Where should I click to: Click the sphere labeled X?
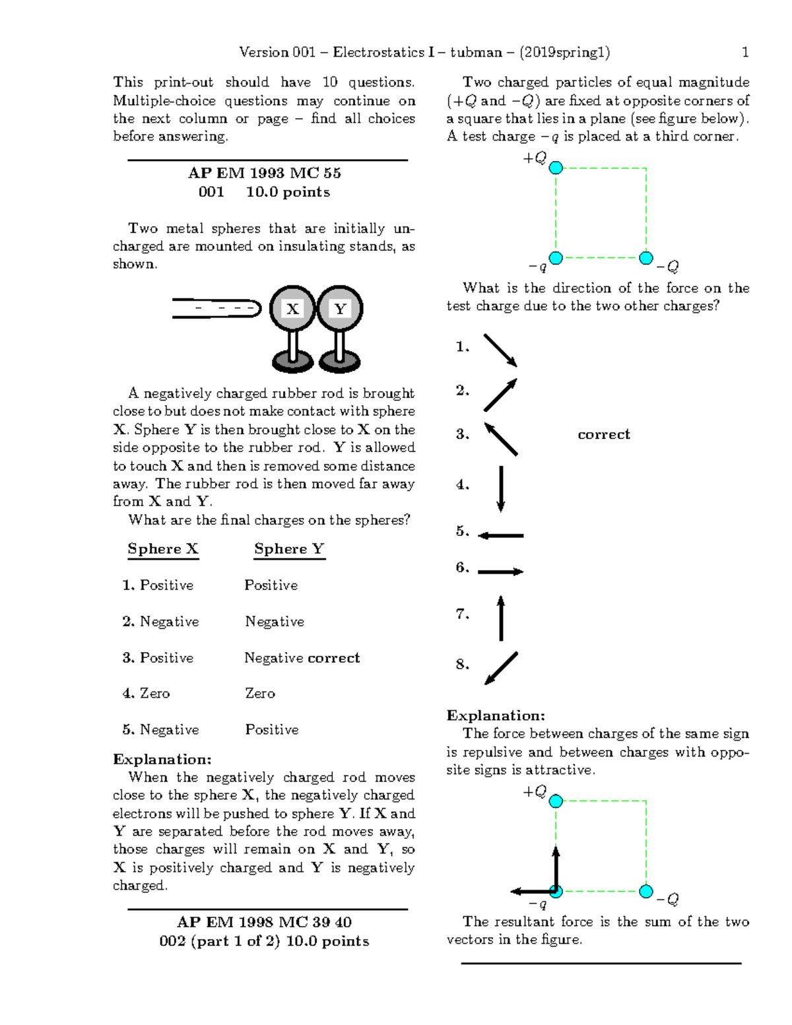coord(292,308)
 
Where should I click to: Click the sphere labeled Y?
coord(340,308)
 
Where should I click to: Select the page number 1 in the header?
coord(745,52)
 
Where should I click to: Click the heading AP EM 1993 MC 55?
coord(264,173)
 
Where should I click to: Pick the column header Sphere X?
coord(163,549)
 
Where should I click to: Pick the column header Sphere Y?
coord(289,549)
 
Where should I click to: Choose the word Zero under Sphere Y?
coord(260,694)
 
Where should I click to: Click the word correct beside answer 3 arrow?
coord(603,434)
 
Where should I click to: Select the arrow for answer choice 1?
coord(500,350)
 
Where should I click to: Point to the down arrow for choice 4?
coord(501,488)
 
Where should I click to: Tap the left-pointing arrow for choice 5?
coord(500,536)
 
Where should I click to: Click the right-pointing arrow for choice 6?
coord(500,572)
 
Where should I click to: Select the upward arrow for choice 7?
coord(501,618)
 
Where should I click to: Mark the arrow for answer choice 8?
coord(501,668)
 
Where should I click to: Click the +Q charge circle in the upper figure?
coord(556,168)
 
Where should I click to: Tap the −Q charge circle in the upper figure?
coord(647,257)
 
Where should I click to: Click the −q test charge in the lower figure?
coord(556,892)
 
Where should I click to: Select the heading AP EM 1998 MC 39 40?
coord(264,922)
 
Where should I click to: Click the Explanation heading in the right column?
coord(496,715)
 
